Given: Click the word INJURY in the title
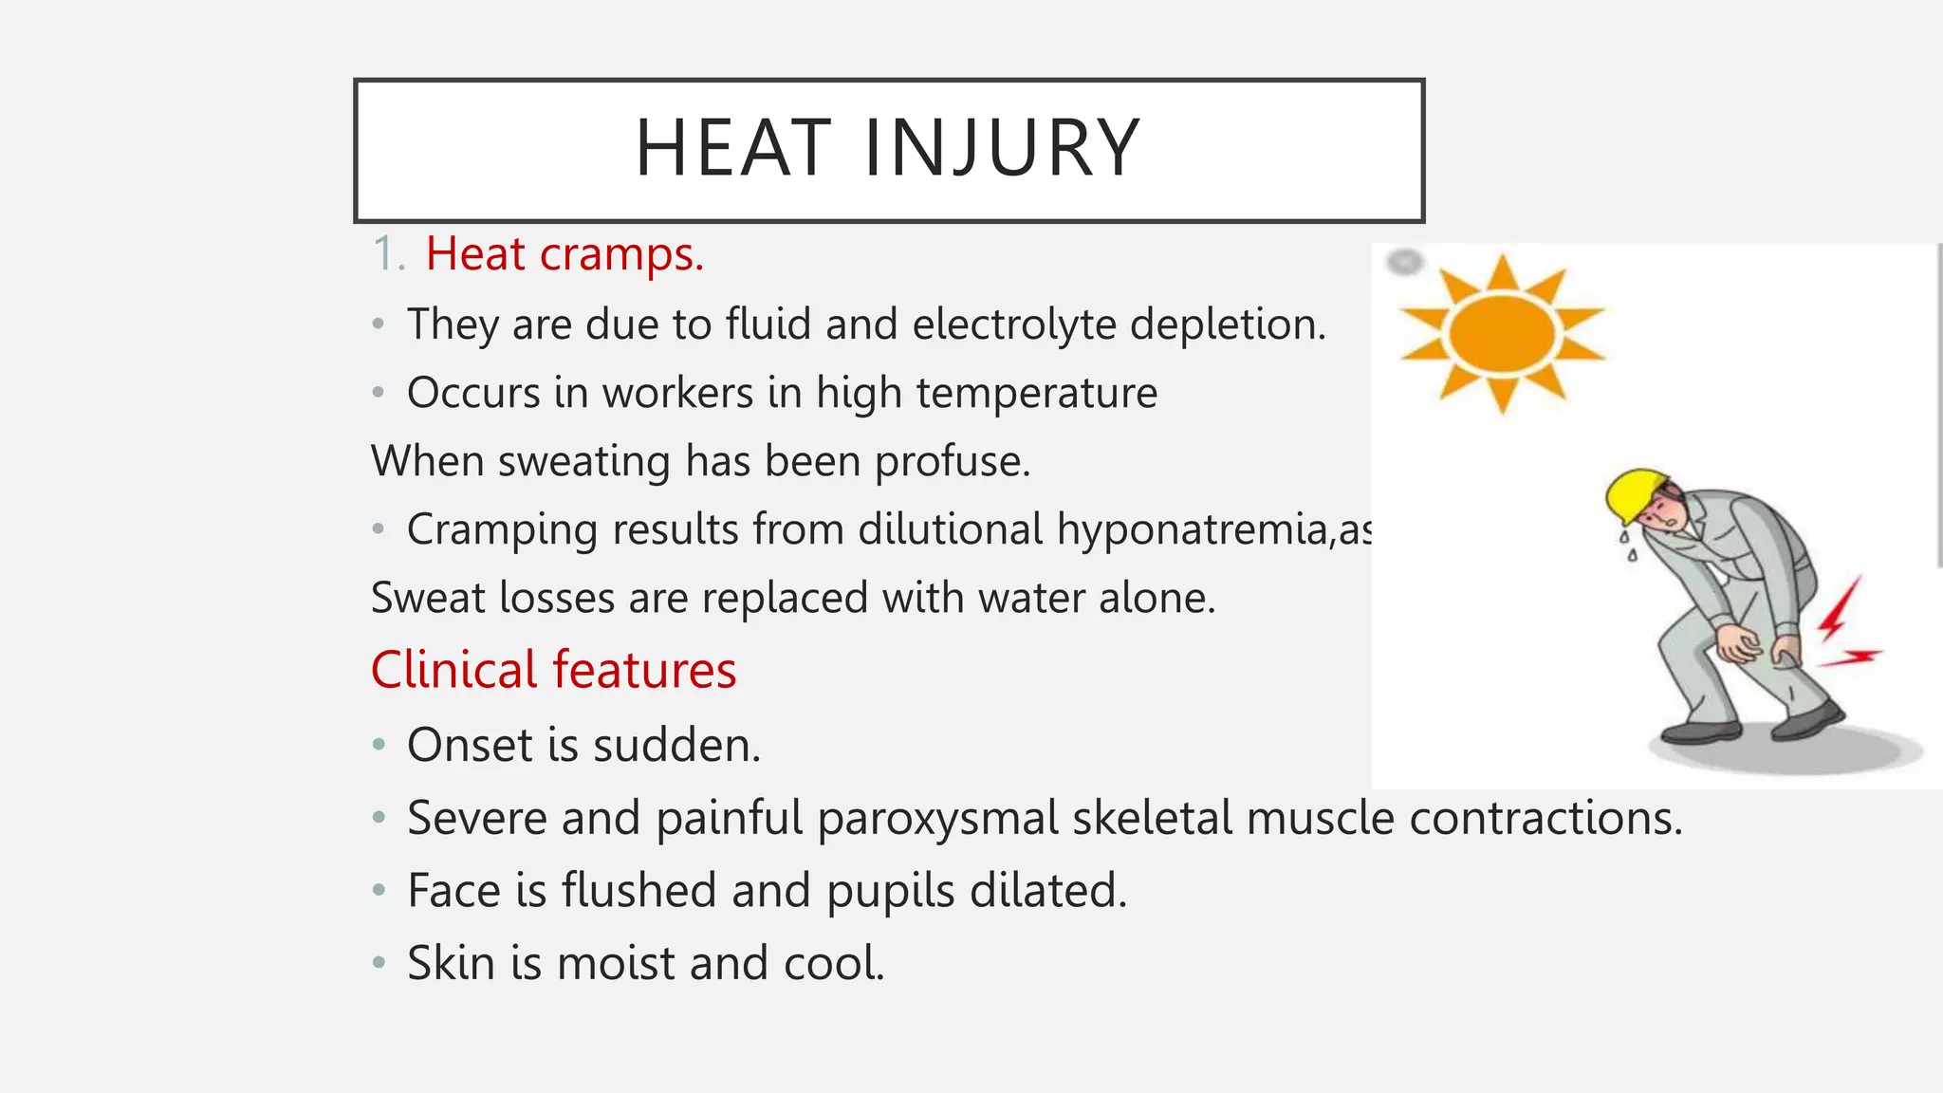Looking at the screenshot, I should coord(1002,148).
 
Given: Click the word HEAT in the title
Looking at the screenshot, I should coord(733,148).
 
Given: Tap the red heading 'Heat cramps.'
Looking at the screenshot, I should coord(564,254).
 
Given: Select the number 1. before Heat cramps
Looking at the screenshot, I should coord(389,254).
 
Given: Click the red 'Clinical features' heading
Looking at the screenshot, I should coord(553,670).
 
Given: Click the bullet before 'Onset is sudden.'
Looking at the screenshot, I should coord(379,745).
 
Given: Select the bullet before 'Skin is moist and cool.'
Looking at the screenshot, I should coord(379,963).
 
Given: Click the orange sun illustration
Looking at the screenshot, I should coord(1502,333).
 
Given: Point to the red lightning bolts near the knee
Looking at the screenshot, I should coord(1844,626).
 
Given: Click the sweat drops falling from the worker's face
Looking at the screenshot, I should coord(1628,546).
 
